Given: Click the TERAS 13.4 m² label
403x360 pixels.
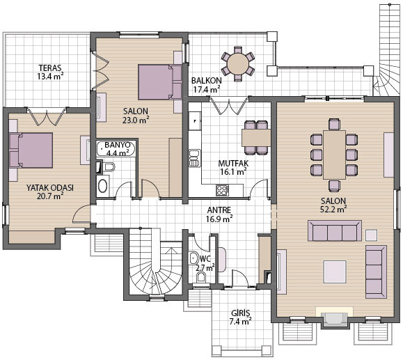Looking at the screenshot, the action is click(50, 72).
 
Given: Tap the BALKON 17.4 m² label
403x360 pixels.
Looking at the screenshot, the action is click(207, 85).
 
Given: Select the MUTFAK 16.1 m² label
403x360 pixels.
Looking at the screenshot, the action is click(233, 167).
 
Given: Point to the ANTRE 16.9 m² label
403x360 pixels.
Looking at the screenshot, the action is click(219, 214).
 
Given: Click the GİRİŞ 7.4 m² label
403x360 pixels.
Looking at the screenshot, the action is click(240, 318).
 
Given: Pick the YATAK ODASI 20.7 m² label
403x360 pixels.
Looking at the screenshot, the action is click(50, 191).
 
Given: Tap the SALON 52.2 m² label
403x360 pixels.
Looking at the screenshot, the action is click(333, 205).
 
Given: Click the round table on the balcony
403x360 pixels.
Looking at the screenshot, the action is click(238, 63).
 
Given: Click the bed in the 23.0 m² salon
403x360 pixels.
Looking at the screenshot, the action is click(160, 82).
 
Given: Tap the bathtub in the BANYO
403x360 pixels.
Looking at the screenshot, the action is click(116, 149).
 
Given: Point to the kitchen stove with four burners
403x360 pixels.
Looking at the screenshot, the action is click(222, 190).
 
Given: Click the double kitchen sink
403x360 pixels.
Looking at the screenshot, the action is click(195, 158).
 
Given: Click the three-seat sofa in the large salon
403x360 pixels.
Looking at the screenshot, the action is click(335, 230).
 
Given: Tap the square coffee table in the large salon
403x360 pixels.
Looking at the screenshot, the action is click(335, 272).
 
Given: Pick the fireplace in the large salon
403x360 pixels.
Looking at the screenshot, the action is click(334, 318).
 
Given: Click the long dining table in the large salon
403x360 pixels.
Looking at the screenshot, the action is click(334, 155).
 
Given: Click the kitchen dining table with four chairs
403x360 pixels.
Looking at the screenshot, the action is click(256, 138).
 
